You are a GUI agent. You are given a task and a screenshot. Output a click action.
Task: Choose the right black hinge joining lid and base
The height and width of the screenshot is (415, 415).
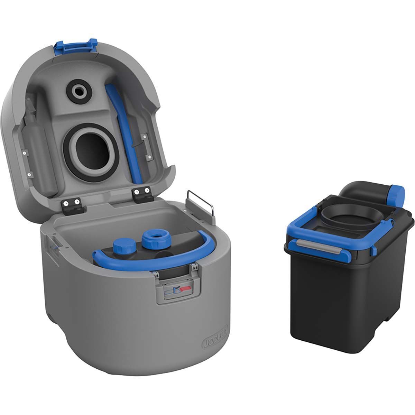pyautogui.click(x=142, y=192)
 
